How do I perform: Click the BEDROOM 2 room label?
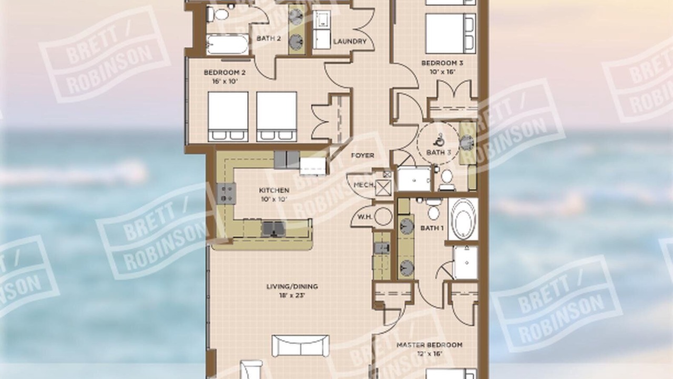click(225, 73)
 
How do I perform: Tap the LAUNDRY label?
click(350, 42)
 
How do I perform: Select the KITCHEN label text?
click(274, 191)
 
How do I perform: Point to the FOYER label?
click(363, 155)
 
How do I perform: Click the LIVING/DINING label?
click(292, 286)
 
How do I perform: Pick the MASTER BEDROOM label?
click(430, 345)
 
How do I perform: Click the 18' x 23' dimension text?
click(292, 295)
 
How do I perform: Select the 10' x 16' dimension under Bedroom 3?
click(442, 72)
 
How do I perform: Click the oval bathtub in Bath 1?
click(463, 219)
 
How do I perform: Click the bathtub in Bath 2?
click(228, 45)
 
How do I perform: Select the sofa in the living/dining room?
click(300, 346)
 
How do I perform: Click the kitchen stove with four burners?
click(226, 194)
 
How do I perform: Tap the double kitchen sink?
click(273, 228)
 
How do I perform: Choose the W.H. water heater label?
click(365, 217)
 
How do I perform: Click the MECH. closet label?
click(364, 185)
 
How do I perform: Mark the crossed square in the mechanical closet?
click(384, 188)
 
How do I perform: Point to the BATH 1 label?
click(432, 228)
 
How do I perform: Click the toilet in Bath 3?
click(447, 180)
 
